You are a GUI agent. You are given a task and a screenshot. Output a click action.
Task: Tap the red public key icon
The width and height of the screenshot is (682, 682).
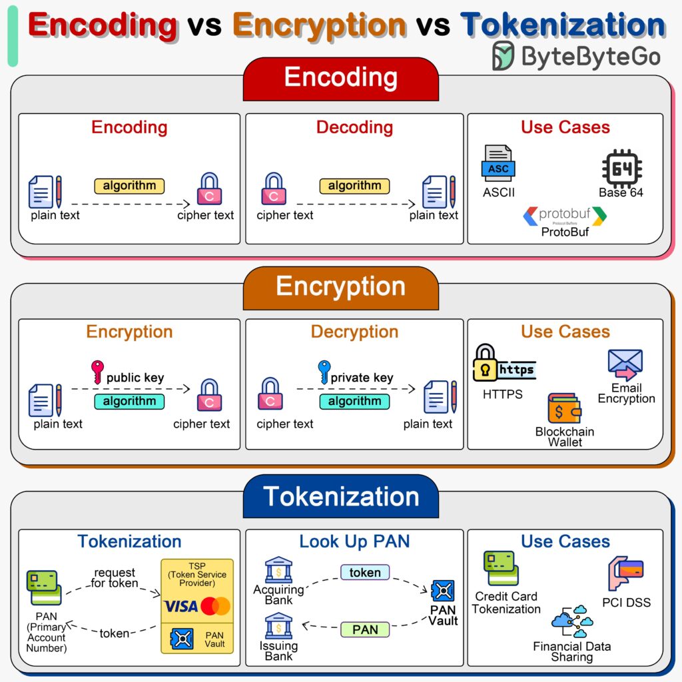click(x=97, y=371)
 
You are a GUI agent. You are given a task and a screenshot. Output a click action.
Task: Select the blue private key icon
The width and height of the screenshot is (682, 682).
click(x=324, y=371)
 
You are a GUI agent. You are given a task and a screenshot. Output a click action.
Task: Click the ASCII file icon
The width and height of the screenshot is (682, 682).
click(x=498, y=164)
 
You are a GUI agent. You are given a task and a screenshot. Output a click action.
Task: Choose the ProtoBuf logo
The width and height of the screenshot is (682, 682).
click(x=565, y=215)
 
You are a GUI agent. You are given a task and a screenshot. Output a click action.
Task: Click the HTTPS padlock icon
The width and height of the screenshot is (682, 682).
click(x=486, y=363)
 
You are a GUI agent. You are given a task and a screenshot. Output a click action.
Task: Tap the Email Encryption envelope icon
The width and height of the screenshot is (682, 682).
click(x=625, y=364)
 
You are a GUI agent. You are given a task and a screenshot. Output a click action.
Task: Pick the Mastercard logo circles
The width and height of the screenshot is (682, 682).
click(x=215, y=606)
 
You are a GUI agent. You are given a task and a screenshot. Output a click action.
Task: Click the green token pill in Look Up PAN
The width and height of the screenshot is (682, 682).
click(x=365, y=572)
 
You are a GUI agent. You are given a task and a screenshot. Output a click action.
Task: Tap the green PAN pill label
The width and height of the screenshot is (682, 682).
click(x=365, y=629)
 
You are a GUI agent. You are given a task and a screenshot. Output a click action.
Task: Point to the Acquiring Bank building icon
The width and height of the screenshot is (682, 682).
click(x=278, y=570)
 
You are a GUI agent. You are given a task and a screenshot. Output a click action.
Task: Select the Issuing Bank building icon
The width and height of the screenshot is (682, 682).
click(x=278, y=626)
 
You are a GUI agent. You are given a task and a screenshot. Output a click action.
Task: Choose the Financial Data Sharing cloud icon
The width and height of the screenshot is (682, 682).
click(x=571, y=622)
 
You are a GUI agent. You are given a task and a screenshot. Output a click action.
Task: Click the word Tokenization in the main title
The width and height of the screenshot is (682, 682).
click(x=563, y=25)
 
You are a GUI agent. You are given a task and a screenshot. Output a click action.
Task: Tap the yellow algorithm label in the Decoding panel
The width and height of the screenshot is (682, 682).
click(x=354, y=186)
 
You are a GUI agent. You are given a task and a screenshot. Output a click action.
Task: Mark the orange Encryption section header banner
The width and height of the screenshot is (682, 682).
click(x=340, y=286)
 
